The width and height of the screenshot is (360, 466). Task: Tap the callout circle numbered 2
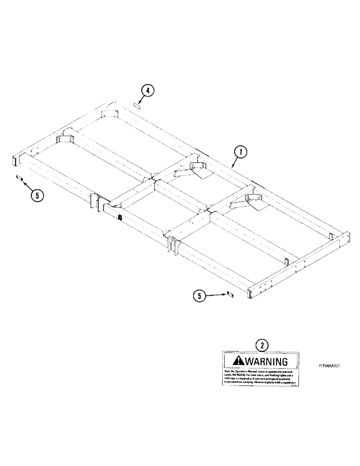pos(263,345)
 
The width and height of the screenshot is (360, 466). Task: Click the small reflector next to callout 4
pos(138,106)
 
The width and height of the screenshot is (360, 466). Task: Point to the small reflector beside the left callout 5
pos(20,178)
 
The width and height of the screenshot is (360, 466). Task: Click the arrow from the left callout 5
pos(27,185)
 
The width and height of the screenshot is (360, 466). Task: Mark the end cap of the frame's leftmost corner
pos(15,160)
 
